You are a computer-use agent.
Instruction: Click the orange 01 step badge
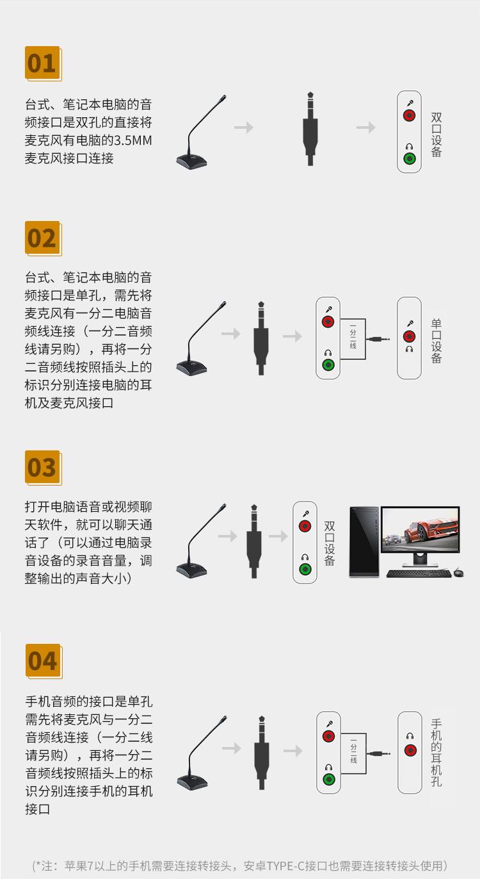[x=43, y=63]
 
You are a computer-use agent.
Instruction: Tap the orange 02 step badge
[x=43, y=238]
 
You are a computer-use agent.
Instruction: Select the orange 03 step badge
[x=43, y=467]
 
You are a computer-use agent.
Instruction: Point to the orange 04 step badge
[x=44, y=661]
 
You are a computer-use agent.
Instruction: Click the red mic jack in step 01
[x=409, y=115]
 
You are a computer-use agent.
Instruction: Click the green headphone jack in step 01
[x=410, y=158]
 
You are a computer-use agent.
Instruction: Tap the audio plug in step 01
[x=310, y=129]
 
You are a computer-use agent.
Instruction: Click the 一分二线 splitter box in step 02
[x=353, y=339]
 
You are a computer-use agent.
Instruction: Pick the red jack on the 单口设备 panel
[x=409, y=336]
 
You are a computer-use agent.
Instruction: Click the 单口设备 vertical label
[x=436, y=341]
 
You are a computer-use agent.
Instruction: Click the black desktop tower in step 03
[x=364, y=542]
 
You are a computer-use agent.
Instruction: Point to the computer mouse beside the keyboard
[x=458, y=573]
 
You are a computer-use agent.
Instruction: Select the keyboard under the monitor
[x=419, y=573]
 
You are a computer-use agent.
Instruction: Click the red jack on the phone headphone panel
[x=410, y=750]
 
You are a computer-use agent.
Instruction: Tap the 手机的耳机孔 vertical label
[x=436, y=753]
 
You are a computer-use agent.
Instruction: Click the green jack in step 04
[x=328, y=779]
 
